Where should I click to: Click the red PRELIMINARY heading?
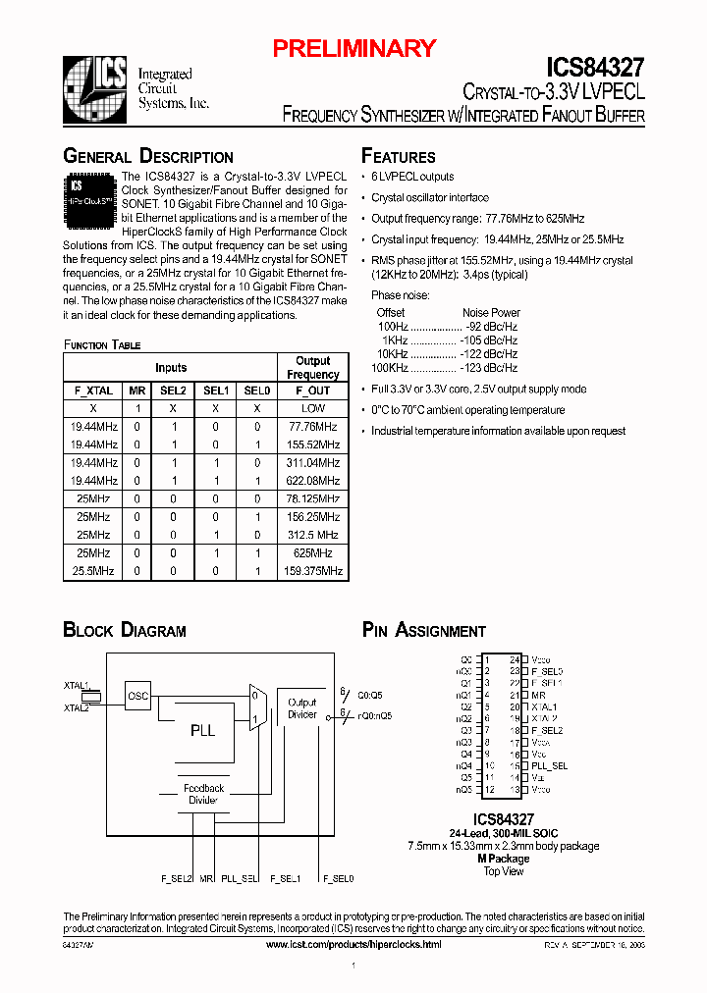(x=353, y=48)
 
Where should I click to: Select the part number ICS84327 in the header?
(x=595, y=68)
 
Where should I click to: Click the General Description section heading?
(x=148, y=157)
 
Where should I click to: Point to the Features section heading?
(x=399, y=157)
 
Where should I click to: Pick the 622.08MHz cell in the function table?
(x=313, y=481)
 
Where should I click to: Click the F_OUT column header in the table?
(x=313, y=391)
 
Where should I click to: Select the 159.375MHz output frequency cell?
(x=313, y=570)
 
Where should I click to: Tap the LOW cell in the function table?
(x=313, y=408)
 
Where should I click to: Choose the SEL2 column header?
(x=173, y=391)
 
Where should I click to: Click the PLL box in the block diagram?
(x=202, y=730)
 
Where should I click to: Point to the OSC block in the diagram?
(x=138, y=697)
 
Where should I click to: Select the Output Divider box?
(x=302, y=708)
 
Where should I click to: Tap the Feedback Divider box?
(x=203, y=794)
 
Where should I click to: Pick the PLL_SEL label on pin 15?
(x=549, y=766)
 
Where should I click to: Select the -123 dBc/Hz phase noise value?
(x=489, y=368)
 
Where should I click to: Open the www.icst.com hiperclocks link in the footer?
(x=353, y=944)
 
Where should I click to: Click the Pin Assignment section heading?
(x=424, y=630)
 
